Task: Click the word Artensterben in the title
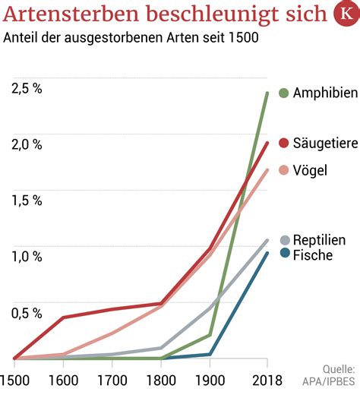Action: (71, 14)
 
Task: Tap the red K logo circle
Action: (347, 14)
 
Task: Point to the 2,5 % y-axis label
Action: (27, 89)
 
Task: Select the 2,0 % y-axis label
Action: (27, 144)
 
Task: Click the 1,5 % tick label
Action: (27, 201)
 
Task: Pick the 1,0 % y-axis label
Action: (27, 257)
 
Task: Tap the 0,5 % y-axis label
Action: (27, 313)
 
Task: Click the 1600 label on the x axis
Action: (63, 381)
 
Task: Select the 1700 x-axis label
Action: (112, 381)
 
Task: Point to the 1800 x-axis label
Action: (161, 381)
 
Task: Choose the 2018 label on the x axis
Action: (267, 381)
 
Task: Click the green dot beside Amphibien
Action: (283, 93)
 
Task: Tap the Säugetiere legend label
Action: (326, 143)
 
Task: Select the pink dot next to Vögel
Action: (283, 170)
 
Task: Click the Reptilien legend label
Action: (320, 240)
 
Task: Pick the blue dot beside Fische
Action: (285, 254)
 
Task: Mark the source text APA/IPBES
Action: (329, 381)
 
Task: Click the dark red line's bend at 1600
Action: (63, 317)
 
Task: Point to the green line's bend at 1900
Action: (210, 335)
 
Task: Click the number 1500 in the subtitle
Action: (244, 37)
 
